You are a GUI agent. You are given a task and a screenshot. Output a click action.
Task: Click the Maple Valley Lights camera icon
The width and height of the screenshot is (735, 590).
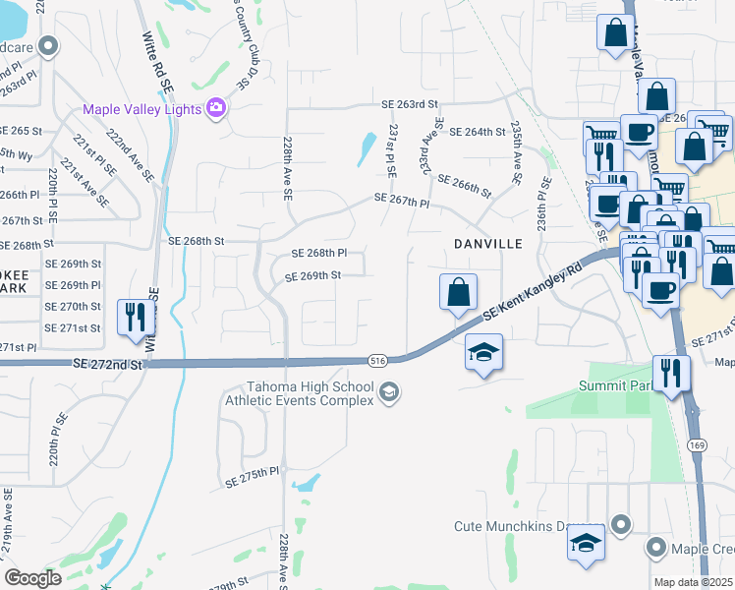[x=217, y=109]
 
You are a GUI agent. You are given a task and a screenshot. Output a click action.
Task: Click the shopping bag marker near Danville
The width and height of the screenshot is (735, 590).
[x=458, y=292]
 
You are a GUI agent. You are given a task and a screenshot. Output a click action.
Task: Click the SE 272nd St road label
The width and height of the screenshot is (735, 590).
[x=107, y=364]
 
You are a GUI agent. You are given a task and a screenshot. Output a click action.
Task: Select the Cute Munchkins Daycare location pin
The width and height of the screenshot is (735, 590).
[x=620, y=525]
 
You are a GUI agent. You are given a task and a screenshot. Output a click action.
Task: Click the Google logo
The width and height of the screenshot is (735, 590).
[x=32, y=577]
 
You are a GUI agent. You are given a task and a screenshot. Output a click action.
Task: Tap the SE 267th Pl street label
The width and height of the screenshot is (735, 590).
[x=402, y=200]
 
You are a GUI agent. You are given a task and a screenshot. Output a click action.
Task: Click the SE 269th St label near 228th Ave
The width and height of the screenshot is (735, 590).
[x=312, y=276]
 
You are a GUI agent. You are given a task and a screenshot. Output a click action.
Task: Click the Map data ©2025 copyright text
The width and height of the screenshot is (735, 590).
[x=694, y=582]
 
